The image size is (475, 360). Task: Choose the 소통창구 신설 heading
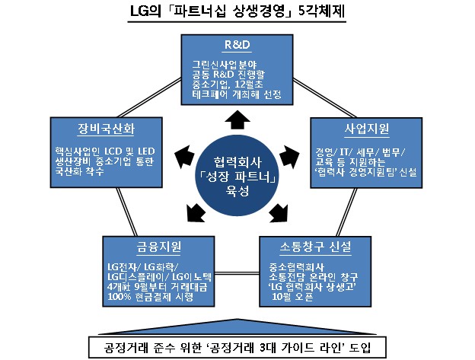click(x=313, y=247)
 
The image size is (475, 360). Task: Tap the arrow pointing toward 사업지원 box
click(x=292, y=151)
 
